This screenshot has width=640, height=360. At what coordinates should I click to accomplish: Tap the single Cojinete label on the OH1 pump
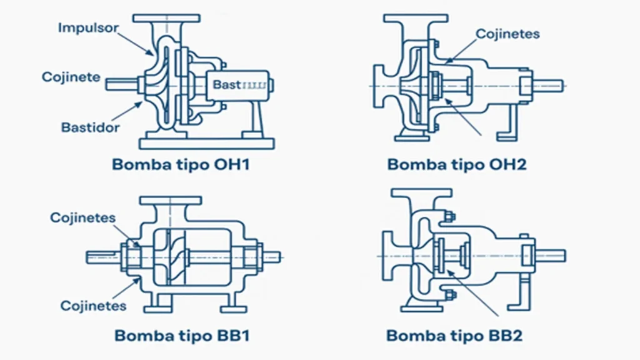[x=71, y=77]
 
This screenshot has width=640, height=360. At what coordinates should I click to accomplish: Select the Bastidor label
[x=90, y=127]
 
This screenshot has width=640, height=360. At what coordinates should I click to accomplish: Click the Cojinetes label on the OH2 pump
[x=507, y=34]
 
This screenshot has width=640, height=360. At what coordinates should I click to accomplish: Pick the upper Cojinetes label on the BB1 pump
[x=83, y=217]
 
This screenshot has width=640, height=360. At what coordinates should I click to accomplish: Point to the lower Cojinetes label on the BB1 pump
[x=93, y=306]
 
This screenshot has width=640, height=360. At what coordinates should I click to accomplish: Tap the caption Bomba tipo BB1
[x=182, y=336]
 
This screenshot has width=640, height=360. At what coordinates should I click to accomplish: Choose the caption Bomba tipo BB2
[x=454, y=336]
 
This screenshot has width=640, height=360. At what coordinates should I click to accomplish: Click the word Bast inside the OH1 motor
[x=226, y=84]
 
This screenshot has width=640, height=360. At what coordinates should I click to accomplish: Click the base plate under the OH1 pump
[x=206, y=143]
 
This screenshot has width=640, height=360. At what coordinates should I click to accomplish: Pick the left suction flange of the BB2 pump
[x=387, y=256]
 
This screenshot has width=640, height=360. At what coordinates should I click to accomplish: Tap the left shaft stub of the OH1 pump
[x=119, y=84]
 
